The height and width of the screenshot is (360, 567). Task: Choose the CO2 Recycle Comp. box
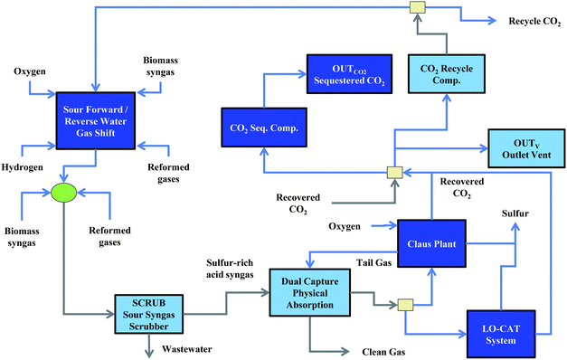point(445,71)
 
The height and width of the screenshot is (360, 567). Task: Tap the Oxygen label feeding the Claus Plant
point(347,226)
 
